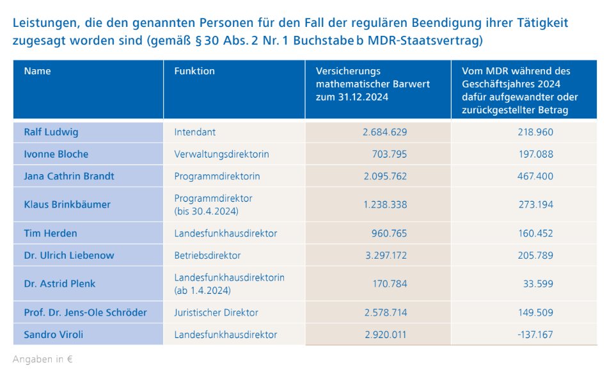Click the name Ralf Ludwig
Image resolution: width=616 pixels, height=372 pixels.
click(51, 132)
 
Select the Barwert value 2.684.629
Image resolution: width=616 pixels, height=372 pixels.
click(384, 132)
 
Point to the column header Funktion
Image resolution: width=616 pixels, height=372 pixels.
click(194, 71)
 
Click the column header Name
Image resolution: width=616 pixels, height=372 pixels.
click(37, 71)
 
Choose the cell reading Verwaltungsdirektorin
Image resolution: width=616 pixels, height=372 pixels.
click(221, 154)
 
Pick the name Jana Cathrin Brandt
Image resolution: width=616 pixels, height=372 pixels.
click(69, 176)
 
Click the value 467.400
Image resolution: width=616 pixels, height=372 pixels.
click(535, 176)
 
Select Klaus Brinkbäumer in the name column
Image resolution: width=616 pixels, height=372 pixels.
click(67, 204)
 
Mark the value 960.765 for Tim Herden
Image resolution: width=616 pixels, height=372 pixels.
click(389, 233)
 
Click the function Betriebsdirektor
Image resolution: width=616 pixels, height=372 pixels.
click(207, 255)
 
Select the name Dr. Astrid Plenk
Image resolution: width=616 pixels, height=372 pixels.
click(59, 284)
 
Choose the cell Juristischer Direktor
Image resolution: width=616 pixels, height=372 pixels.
click(216, 312)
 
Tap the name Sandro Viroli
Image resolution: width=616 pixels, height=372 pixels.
click(54, 334)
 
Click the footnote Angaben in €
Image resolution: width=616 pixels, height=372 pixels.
click(42, 359)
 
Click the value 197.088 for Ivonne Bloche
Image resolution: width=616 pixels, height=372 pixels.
click(535, 154)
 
